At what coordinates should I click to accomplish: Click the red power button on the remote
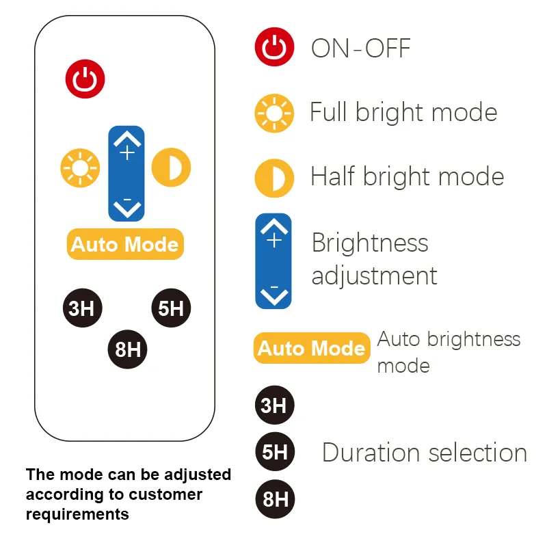point(85,80)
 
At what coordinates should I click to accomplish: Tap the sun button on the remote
point(80,168)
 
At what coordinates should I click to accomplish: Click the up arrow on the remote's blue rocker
point(127,142)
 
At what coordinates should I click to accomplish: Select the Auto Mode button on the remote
point(125,244)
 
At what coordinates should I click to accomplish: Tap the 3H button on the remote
point(82,308)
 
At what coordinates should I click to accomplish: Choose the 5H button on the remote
point(171,308)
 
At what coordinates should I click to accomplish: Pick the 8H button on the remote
point(128,349)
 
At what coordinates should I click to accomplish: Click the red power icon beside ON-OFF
point(275,49)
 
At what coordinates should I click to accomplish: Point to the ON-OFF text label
point(360,49)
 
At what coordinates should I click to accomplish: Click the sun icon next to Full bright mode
point(274,114)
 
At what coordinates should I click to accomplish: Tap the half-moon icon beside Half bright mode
point(274,178)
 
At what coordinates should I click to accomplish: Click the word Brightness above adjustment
point(370,243)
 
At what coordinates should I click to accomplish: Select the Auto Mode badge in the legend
point(312,348)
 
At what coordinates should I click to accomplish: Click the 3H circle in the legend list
point(274,405)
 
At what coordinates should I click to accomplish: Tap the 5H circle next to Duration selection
point(274,452)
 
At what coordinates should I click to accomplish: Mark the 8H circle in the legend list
point(274,498)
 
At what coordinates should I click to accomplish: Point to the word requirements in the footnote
point(77,513)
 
